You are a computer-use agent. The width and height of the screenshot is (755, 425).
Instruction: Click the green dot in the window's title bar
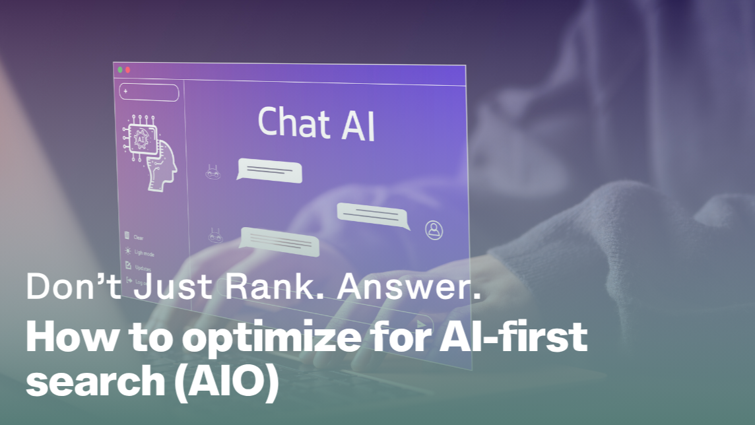click(119, 69)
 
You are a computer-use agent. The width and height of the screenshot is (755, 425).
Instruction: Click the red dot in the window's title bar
click(127, 69)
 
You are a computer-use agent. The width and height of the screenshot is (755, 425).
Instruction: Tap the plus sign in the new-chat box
click(125, 90)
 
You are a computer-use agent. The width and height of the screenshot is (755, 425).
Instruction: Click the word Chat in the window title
click(292, 122)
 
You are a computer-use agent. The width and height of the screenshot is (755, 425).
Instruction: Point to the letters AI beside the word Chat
click(358, 125)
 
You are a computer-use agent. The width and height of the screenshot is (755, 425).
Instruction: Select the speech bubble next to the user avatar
click(372, 215)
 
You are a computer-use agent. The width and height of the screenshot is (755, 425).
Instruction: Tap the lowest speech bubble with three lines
click(279, 241)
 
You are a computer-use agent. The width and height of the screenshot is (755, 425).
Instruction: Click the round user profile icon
click(434, 230)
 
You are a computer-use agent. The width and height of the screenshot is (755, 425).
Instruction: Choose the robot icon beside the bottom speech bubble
click(214, 235)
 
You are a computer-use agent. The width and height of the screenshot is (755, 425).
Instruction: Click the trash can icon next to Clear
click(127, 236)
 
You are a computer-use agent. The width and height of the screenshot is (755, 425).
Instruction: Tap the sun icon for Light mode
click(127, 251)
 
